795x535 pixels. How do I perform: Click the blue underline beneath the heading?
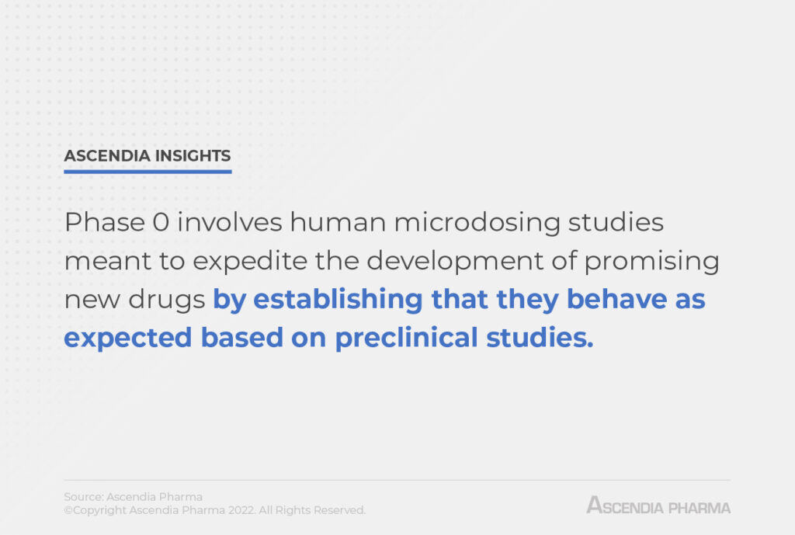pos(148,172)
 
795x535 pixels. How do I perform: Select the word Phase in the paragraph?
pos(105,222)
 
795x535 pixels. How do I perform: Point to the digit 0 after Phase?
pos(161,222)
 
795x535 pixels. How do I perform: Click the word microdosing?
pos(477,223)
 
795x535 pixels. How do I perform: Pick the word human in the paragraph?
pos(338,222)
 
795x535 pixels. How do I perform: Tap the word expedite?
pos(250,262)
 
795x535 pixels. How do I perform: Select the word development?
pos(455,262)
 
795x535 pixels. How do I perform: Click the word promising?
pos(652,262)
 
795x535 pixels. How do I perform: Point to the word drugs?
pos(166,300)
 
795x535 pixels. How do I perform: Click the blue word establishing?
pos(338,299)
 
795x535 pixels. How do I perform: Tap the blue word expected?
pos(128,339)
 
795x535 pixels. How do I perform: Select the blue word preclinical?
pos(407,339)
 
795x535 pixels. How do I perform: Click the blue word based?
pos(242,338)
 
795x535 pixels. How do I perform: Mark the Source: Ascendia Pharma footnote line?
pos(134,496)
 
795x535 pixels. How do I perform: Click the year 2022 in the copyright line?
pos(241,510)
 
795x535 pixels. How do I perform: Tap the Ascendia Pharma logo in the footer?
pos(658,505)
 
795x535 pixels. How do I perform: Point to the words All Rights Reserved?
pos(312,510)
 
